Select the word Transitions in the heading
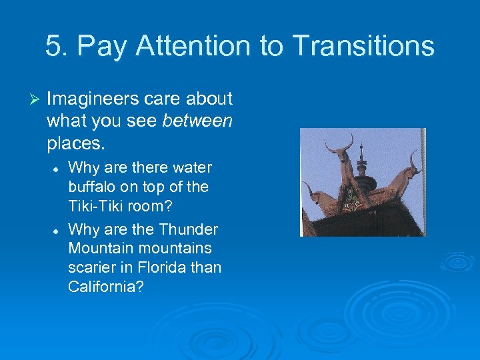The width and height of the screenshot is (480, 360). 363,46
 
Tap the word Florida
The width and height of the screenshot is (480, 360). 157,267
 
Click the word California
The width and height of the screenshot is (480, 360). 105,286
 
